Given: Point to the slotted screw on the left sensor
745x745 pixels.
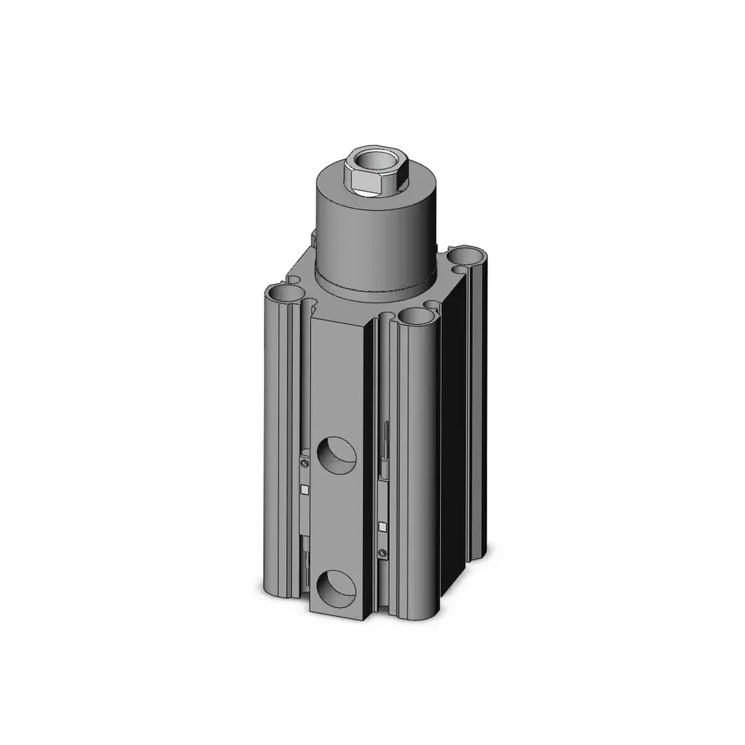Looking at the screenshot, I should pyautogui.click(x=305, y=464).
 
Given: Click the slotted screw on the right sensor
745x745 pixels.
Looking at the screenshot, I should pyautogui.click(x=383, y=552).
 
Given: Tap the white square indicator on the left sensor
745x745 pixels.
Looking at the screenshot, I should pyautogui.click(x=305, y=489).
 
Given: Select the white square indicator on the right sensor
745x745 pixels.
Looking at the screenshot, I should pyautogui.click(x=382, y=527).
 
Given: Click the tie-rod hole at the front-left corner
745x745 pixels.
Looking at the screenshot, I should pyautogui.click(x=286, y=292).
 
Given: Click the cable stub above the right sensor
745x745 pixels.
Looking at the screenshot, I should pyautogui.click(x=385, y=436).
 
